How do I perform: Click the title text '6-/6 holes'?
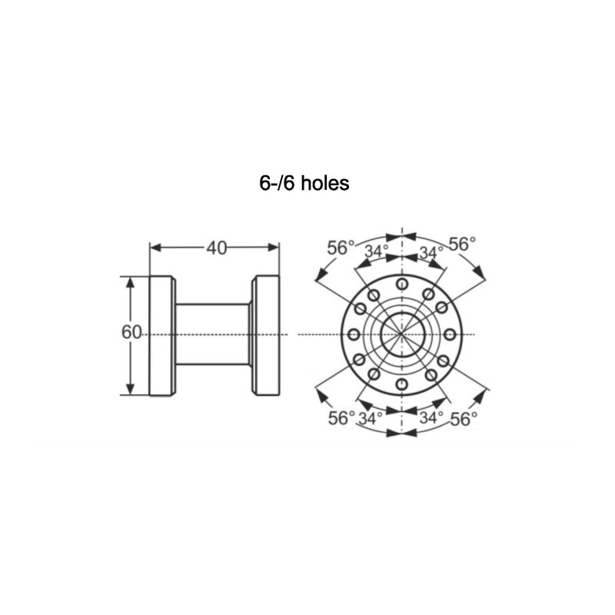click(304, 183)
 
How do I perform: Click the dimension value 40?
click(217, 248)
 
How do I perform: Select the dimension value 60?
click(131, 333)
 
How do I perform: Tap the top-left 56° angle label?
click(341, 248)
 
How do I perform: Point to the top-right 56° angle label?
click(462, 244)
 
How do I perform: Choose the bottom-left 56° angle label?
click(341, 418)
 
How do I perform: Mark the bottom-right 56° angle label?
click(464, 419)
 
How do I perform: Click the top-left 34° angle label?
click(377, 251)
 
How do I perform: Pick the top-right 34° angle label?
click(431, 253)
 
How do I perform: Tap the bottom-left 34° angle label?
click(371, 418)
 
